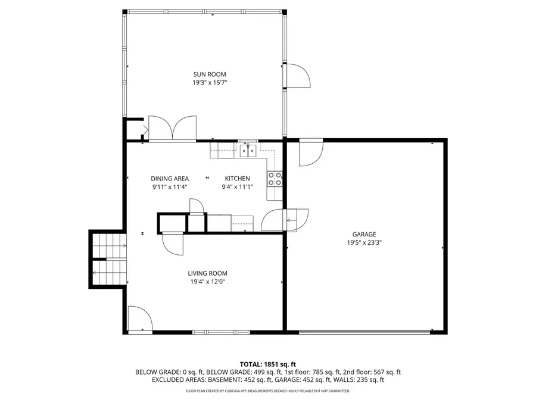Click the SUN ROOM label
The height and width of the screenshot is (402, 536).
(x=205, y=74)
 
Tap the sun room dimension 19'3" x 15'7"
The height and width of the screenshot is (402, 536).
(x=205, y=83)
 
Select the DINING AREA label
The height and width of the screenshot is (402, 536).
(x=170, y=179)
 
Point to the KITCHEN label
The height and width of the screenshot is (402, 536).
(x=237, y=179)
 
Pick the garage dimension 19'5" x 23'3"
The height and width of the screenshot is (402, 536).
(x=364, y=243)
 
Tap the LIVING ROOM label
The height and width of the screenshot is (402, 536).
(x=207, y=273)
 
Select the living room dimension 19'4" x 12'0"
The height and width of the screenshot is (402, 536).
(x=207, y=282)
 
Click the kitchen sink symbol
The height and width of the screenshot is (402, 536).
(x=248, y=150)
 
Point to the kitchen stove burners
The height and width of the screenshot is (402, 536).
(x=275, y=179)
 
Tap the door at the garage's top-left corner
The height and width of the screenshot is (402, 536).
(x=310, y=152)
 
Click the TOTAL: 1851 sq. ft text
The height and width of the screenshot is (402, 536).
(x=267, y=364)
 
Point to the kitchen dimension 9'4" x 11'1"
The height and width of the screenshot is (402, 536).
(x=237, y=187)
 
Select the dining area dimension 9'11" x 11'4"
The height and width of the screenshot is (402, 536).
(x=170, y=187)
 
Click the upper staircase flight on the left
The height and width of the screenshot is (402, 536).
(x=109, y=243)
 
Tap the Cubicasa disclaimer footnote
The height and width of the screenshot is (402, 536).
(x=267, y=391)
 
